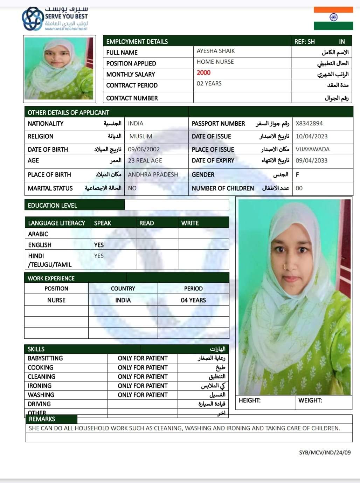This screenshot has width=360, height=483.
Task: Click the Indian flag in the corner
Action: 333,18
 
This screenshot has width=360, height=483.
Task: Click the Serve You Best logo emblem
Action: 33,19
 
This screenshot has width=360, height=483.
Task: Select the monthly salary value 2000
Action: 203,73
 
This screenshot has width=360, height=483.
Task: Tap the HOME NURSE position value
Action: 215,62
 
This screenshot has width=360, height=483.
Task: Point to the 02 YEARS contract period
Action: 209,83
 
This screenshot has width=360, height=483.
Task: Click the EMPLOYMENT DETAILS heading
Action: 137,41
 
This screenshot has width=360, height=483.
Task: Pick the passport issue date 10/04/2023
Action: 311,136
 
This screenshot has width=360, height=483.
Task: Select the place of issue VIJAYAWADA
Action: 312,149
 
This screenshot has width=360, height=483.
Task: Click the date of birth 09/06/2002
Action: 144,149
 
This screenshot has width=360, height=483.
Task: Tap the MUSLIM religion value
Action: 141,136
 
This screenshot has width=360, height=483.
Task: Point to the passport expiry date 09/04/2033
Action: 311,160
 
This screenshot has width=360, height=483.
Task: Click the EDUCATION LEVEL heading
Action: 52,205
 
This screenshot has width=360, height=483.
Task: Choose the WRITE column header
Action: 190,223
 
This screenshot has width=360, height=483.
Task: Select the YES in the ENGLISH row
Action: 99,245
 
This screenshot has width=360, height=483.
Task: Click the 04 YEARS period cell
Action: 193,300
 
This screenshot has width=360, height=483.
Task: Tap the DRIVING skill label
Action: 39,404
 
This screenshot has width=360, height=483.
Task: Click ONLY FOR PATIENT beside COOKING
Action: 143,367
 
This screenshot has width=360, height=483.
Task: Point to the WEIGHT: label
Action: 310,400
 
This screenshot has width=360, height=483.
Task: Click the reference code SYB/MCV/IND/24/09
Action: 325,453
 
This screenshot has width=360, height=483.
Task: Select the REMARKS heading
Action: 42,419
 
